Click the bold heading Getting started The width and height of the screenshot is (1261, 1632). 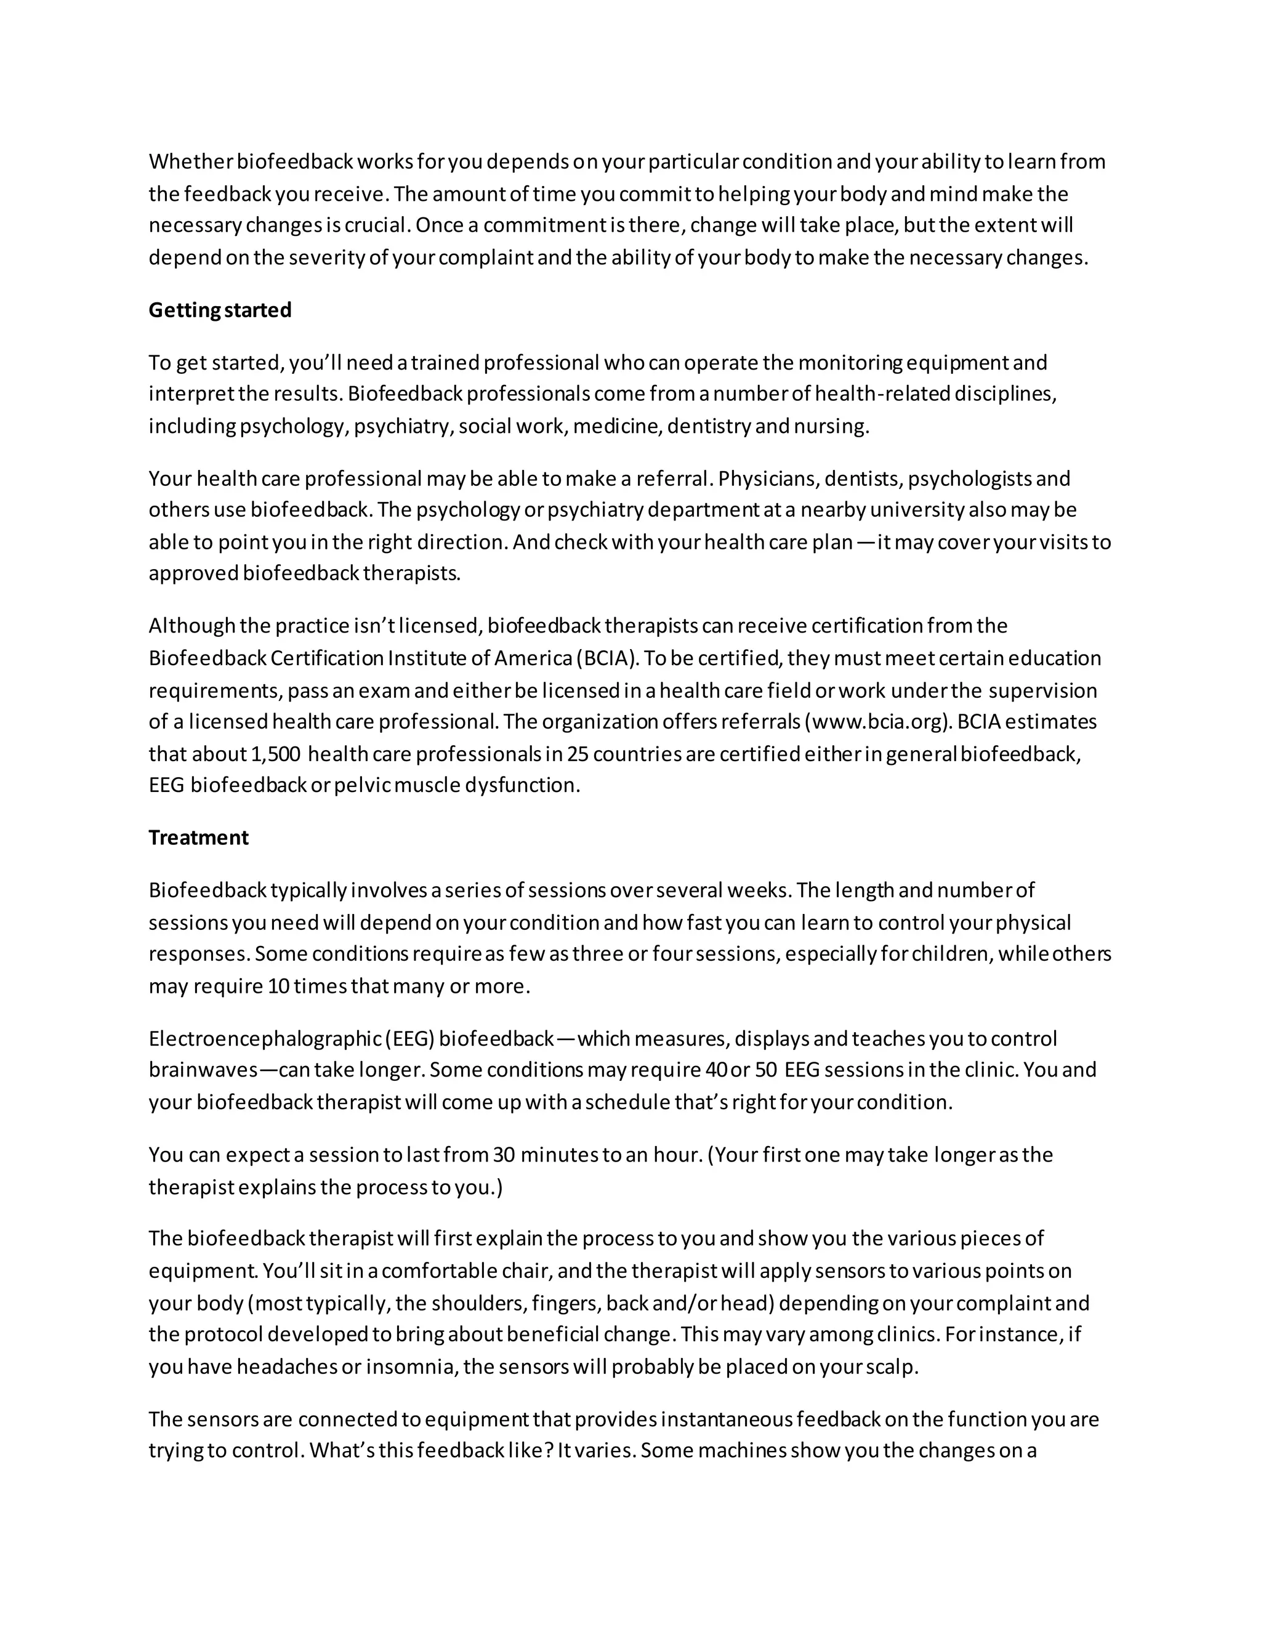[x=220, y=310]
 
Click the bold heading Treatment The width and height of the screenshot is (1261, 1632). [x=198, y=838]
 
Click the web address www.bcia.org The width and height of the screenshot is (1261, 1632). [x=879, y=722]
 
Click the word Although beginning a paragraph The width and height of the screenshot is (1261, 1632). [x=191, y=626]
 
